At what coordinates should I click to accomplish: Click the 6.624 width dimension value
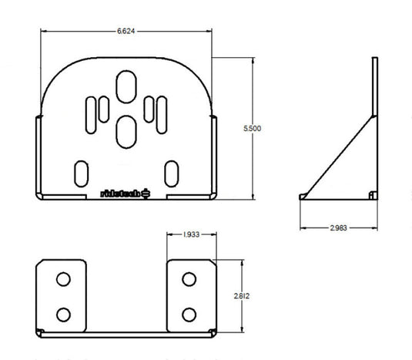coord(126,30)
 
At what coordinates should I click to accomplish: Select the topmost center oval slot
coord(125,86)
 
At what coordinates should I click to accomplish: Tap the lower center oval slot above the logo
coord(125,132)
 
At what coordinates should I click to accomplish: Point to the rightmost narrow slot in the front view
coord(160,110)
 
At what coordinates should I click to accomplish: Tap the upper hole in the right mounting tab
coord(188,278)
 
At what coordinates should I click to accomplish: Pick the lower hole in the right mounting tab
coord(188,313)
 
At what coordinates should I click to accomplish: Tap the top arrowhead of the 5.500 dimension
coord(252,60)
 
